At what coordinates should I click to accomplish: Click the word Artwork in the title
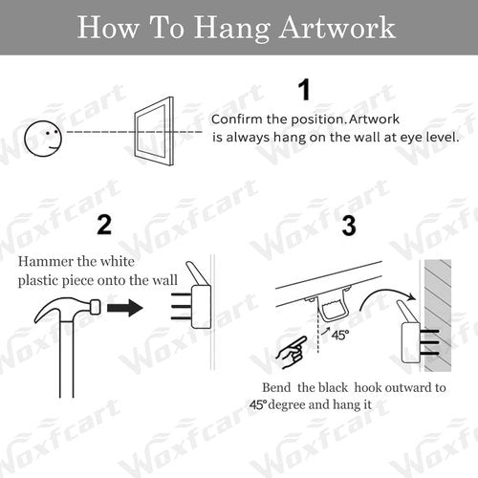coord(337,28)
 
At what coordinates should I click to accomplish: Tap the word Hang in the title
coord(232,30)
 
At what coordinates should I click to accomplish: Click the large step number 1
coord(305,90)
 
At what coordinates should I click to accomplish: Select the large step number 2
coord(104,225)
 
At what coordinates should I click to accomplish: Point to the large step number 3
coord(349,226)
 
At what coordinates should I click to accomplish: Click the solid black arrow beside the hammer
coord(124,308)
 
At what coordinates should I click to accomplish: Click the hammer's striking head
coord(96,307)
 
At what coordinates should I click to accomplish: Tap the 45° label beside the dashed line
coord(340,335)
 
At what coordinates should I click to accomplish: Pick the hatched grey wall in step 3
coord(438,315)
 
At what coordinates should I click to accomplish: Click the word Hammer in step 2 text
coord(46,261)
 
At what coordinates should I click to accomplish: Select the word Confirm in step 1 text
coord(237,119)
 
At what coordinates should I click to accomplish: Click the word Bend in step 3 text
coord(276,387)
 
